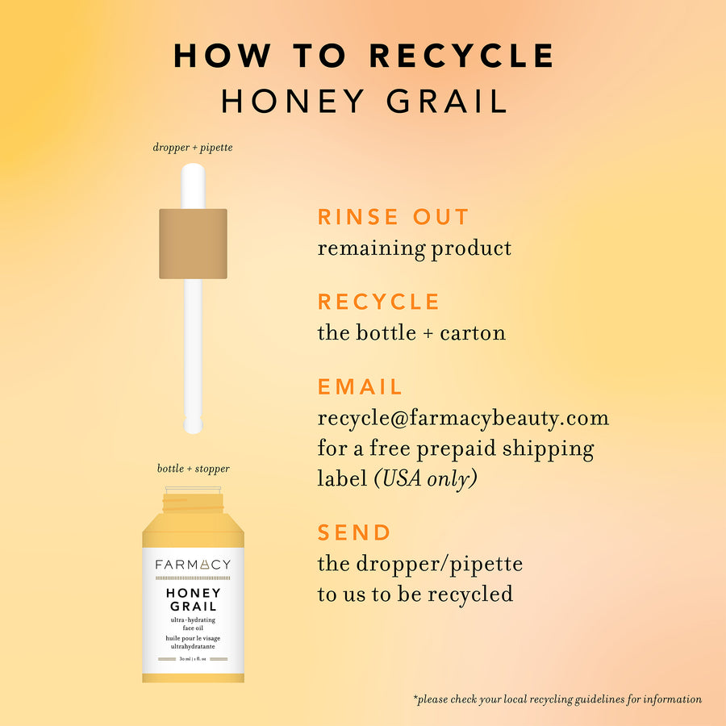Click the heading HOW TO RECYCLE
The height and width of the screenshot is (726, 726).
[364, 56]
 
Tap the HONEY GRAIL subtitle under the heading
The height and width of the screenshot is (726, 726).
[364, 101]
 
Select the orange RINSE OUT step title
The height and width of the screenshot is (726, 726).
[393, 217]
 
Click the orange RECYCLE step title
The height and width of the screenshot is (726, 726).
[378, 302]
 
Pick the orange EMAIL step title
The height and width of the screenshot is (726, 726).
[360, 386]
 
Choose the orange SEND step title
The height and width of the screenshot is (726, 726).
[354, 532]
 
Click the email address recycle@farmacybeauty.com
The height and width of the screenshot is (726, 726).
[463, 418]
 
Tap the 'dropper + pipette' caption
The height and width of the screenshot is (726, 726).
[193, 148]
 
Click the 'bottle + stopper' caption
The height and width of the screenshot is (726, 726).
[193, 469]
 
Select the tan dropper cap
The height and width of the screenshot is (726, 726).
[193, 243]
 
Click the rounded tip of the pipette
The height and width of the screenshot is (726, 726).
[193, 424]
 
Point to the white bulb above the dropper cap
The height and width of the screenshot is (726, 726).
[193, 186]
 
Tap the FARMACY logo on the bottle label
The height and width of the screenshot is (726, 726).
[193, 565]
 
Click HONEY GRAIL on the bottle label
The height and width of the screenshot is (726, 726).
[193, 599]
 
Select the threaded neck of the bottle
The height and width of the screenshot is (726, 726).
[193, 504]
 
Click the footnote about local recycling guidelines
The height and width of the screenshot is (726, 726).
[557, 699]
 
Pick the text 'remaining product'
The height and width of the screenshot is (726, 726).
[414, 248]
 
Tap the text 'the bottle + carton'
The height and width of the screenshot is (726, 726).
[411, 332]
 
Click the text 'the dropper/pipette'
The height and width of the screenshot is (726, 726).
[419, 563]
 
